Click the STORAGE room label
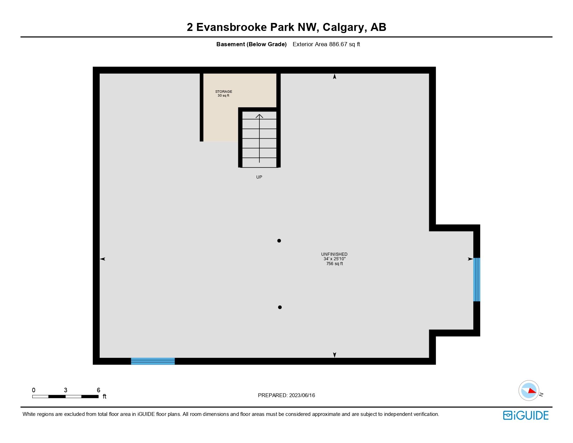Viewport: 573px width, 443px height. pos(224,92)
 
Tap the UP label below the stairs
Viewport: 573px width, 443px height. pos(259,177)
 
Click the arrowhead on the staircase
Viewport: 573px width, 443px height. pos(259,116)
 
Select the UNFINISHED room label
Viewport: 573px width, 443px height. pos(334,254)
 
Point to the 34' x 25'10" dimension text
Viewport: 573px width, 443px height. pos(334,259)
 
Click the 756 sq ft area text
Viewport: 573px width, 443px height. pos(334,264)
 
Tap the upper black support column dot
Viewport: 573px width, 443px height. pos(279,241)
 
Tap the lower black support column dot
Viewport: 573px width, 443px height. pos(280,307)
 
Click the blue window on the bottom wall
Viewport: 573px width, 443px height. pos(153,361)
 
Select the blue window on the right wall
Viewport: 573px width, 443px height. pos(477,280)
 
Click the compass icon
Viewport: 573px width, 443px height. pos(529,391)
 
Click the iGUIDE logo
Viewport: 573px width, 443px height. pos(526,416)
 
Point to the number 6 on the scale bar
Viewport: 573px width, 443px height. pos(99,390)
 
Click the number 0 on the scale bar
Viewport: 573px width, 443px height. pos(34,390)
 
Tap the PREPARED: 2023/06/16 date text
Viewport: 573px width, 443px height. pos(286,395)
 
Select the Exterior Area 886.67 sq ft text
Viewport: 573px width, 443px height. pos(326,44)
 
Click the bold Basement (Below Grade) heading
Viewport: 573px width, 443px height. pos(251,44)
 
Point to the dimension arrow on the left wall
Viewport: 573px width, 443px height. pos(103,259)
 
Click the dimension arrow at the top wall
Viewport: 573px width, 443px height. pos(334,77)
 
